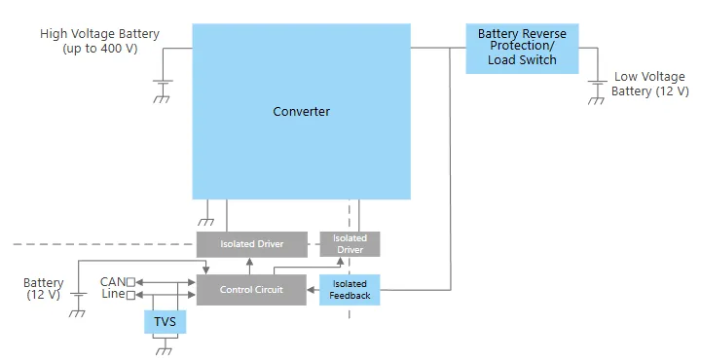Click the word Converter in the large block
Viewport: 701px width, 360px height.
tap(301, 111)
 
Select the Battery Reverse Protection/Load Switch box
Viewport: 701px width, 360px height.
tap(522, 49)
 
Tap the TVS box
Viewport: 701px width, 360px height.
tap(165, 322)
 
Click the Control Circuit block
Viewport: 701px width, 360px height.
tap(251, 290)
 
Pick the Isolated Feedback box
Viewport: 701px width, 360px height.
tap(350, 290)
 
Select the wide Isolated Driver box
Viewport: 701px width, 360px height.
tap(252, 244)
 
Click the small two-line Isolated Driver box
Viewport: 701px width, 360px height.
tap(350, 244)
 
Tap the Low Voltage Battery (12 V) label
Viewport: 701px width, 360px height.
tap(649, 84)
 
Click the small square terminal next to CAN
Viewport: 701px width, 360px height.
tap(130, 282)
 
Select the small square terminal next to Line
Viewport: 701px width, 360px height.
tap(130, 295)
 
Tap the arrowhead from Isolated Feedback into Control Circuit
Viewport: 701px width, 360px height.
tap(311, 290)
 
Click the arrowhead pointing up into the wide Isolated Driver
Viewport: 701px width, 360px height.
tap(249, 261)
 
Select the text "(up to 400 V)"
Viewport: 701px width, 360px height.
tap(100, 49)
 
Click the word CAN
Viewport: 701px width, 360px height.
tap(113, 282)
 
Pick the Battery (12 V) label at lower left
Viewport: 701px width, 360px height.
tap(44, 289)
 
